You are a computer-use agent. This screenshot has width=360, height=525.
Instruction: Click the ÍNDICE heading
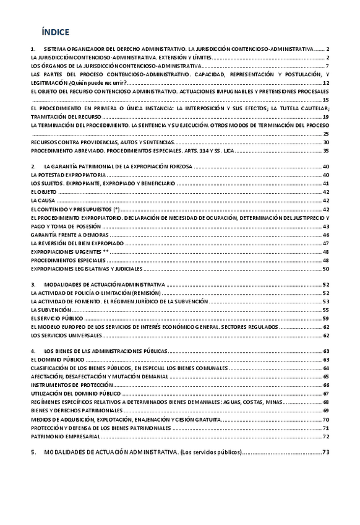click(55, 32)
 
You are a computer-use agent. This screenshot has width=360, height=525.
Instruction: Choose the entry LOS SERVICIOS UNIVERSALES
click(66, 335)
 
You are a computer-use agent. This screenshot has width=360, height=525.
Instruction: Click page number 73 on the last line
click(326, 453)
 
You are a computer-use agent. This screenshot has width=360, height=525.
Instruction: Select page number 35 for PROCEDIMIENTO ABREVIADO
click(326, 150)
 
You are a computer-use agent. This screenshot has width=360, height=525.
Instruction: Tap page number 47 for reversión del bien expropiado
click(326, 243)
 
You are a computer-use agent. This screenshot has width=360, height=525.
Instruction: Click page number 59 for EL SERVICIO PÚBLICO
click(326, 318)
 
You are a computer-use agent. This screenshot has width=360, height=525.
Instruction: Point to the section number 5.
click(33, 453)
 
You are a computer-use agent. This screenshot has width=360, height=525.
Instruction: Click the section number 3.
click(33, 284)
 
